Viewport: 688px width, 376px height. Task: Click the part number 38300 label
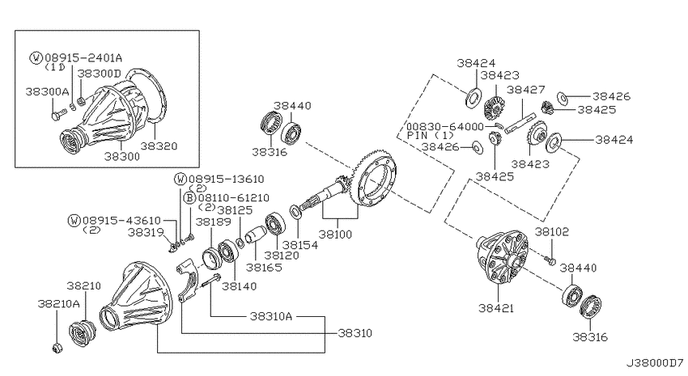tap(121, 156)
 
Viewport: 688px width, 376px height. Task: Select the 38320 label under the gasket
tap(159, 146)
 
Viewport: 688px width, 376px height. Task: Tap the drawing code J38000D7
tap(655, 363)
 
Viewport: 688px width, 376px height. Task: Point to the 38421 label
tap(496, 308)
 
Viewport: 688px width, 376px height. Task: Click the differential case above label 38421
tap(503, 259)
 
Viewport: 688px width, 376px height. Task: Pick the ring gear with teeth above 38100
tap(376, 177)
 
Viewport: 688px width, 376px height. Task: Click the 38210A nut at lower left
tap(57, 349)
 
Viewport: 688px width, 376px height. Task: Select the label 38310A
tap(270, 316)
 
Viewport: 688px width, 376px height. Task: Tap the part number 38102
tap(551, 232)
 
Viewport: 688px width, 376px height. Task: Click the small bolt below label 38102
tap(550, 261)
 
